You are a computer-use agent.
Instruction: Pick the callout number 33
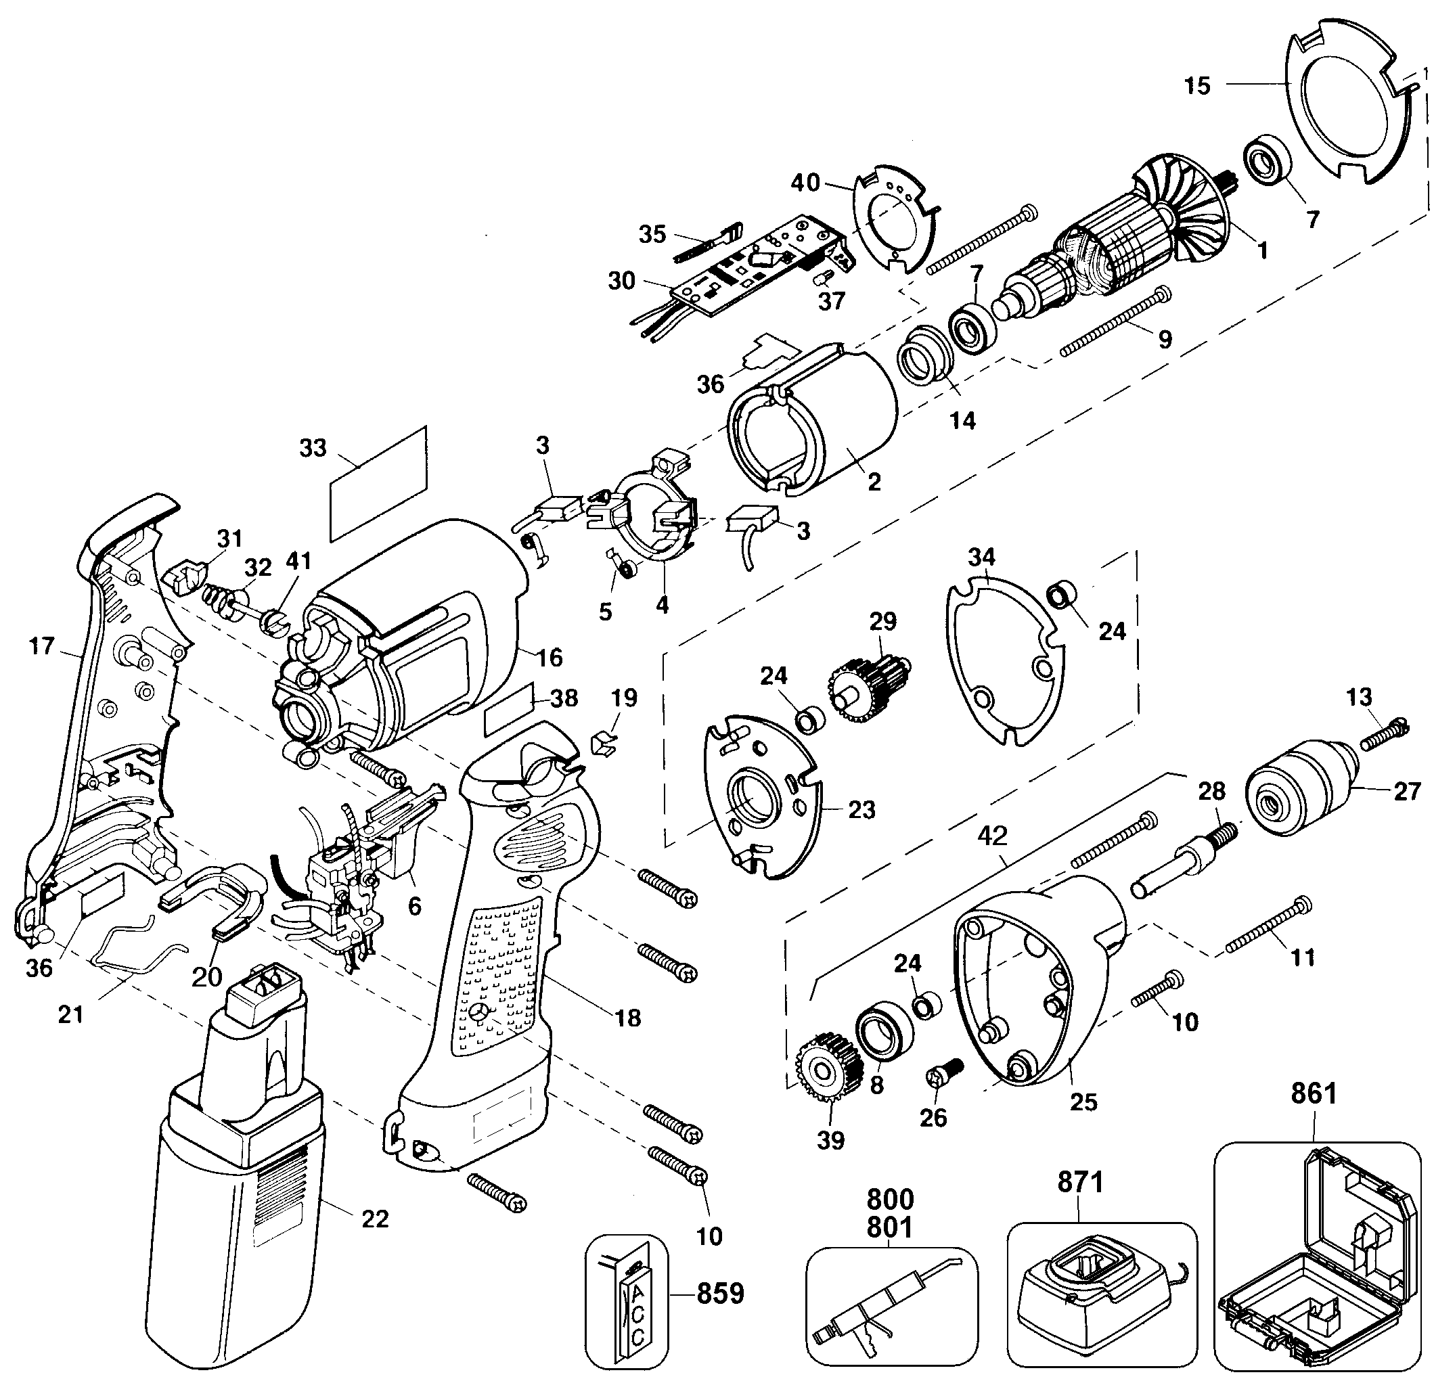tap(313, 448)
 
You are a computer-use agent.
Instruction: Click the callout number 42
tap(992, 836)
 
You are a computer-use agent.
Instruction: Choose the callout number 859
tap(720, 1293)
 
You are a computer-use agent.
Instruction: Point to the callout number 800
tap(891, 1200)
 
